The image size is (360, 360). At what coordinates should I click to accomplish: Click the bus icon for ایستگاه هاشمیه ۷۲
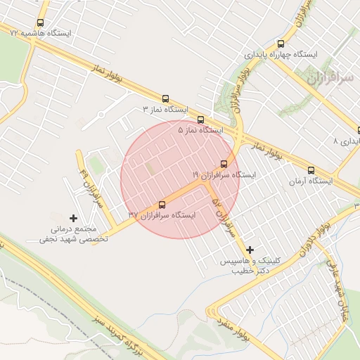(x=39, y=23)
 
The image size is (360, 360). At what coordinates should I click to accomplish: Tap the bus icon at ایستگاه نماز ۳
(x=166, y=99)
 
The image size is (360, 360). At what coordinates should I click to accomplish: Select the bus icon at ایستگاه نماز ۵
(x=201, y=120)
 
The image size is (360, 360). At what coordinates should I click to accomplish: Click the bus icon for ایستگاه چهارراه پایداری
(x=281, y=44)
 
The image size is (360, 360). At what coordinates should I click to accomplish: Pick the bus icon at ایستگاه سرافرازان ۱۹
(x=224, y=164)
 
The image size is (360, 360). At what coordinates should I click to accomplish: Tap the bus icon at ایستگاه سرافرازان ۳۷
(x=162, y=205)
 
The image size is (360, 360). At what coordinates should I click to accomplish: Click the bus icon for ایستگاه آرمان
(x=311, y=170)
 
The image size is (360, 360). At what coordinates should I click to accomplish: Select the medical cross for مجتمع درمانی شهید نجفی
(x=73, y=219)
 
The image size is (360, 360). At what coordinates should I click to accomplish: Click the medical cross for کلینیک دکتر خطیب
(x=250, y=250)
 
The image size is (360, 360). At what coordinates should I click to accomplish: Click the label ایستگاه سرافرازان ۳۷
(x=162, y=215)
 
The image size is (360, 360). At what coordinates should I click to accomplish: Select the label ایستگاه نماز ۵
(x=200, y=130)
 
